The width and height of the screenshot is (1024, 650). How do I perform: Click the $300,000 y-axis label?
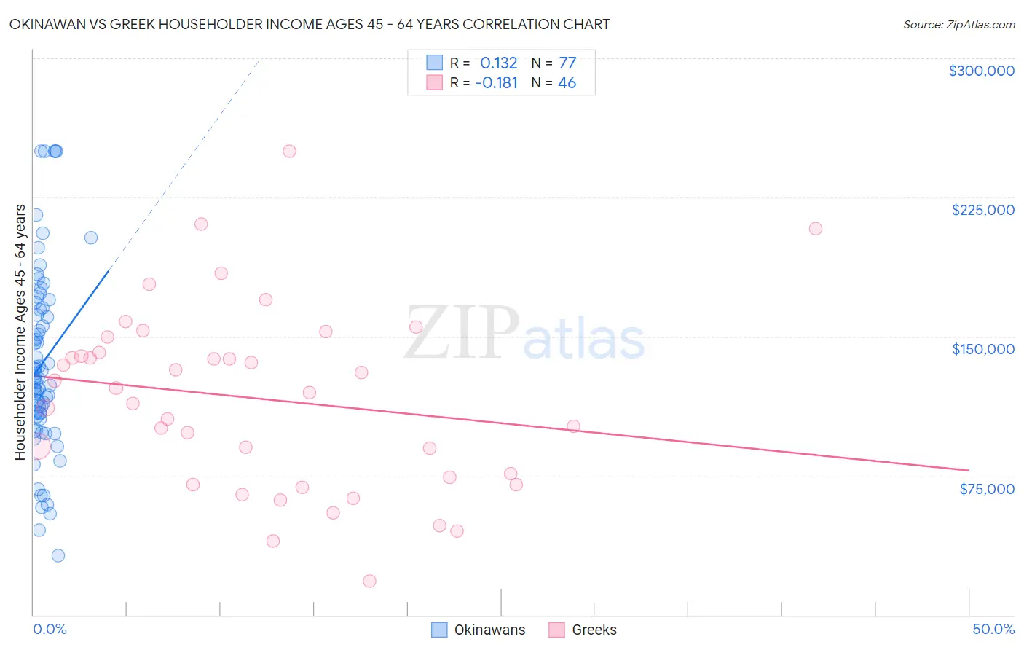coord(981,71)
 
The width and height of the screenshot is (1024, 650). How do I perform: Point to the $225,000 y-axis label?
coord(982,210)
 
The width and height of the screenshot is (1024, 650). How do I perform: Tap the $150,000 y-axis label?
coord(982,349)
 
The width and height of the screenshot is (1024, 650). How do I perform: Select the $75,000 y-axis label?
coord(986,489)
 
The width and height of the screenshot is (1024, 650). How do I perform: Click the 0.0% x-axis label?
coord(50,629)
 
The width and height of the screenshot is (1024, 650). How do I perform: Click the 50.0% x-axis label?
coord(993,629)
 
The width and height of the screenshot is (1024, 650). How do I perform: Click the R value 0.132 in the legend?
coord(498,63)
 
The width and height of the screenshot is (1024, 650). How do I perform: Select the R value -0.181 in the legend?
coord(496,83)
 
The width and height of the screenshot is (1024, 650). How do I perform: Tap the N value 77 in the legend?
coord(567,63)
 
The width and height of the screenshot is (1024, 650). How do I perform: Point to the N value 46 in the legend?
coord(567,83)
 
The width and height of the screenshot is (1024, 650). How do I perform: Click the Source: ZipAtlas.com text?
coord(958,25)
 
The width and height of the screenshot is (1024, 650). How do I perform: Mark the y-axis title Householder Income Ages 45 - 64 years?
coord(20,332)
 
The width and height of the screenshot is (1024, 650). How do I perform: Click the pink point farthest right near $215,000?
coord(815,229)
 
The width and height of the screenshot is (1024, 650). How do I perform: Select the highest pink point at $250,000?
coord(289,152)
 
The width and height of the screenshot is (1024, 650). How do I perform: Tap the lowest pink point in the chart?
coord(369,581)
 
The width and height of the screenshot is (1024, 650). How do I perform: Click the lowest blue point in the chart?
coord(58,555)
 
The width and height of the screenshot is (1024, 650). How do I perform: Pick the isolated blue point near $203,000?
coord(91,238)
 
